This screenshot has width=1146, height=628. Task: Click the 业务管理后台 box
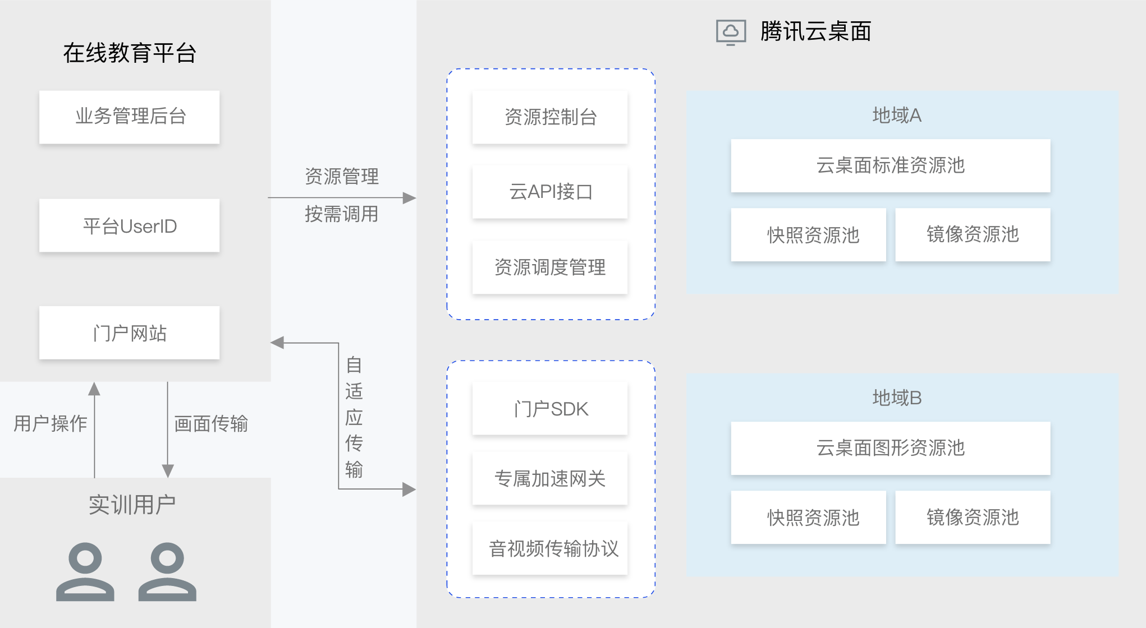[x=129, y=117]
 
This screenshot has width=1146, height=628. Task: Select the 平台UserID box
[x=129, y=225]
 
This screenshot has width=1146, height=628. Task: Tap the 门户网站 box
[x=129, y=333]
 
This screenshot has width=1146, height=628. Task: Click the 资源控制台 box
[x=550, y=117]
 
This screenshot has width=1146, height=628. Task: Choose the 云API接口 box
[x=550, y=192]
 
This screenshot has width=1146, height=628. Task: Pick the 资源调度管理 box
[x=550, y=267]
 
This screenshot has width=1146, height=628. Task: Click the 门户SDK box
[x=550, y=409]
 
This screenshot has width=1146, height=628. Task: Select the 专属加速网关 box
[x=550, y=478]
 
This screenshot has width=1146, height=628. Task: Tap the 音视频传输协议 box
[x=550, y=548]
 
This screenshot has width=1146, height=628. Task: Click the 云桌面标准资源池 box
[x=890, y=165]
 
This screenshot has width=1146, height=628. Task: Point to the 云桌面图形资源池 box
[x=890, y=448]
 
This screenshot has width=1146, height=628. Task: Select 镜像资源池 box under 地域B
[x=973, y=517]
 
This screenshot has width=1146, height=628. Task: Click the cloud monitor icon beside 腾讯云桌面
[x=731, y=32]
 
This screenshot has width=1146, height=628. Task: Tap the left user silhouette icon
[x=85, y=572]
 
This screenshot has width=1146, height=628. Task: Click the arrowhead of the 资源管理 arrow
[x=410, y=198]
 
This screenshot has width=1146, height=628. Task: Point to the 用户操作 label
[x=51, y=423]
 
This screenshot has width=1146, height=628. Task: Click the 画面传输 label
[x=211, y=423]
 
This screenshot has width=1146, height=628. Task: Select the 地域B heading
[x=897, y=398]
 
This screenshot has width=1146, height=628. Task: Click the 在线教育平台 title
[x=130, y=53]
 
